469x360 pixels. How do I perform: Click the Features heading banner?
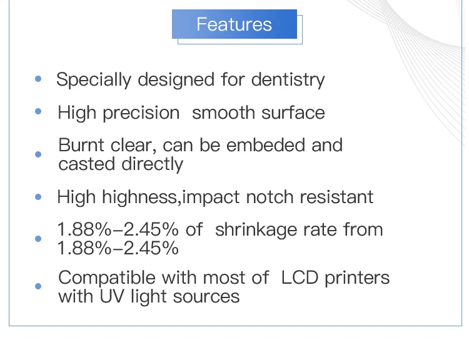pos(234,24)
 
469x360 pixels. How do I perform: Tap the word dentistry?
pos(288,80)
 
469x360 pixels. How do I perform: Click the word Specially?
pos(94,80)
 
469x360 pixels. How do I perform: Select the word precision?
pos(141,113)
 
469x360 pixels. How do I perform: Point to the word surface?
pos(293,112)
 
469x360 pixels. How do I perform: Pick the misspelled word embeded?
pos(265,145)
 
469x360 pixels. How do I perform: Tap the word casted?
pos(87,164)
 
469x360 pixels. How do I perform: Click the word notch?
pos(270,197)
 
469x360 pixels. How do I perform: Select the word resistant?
pos(336,197)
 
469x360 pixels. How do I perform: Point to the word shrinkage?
pos(256,230)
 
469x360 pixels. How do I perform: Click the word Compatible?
pos(107,278)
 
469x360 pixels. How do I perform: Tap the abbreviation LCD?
pos(300,277)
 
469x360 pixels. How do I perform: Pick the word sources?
pos(206,297)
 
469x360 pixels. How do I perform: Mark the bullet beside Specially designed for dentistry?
pos(38,79)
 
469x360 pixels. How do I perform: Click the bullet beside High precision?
pos(38,111)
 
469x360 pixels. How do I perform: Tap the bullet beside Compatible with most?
pos(38,286)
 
